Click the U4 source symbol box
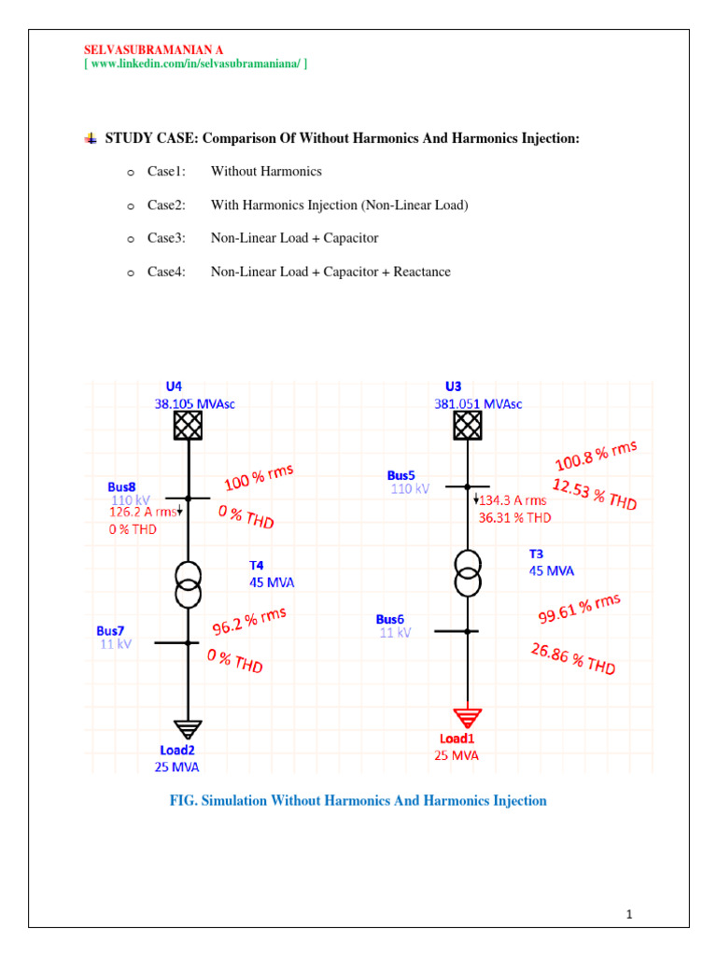coord(188,426)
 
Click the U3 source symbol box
coord(468,426)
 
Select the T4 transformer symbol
coord(189,584)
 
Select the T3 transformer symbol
coord(468,572)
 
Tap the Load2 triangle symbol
coord(188,730)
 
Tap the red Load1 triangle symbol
coord(468,717)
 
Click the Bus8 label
coord(121,486)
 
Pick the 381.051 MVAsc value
coord(478,404)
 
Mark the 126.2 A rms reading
coord(142,512)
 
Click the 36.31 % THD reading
coord(514,516)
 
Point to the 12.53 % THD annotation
coord(595,495)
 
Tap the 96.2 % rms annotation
coord(249,622)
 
